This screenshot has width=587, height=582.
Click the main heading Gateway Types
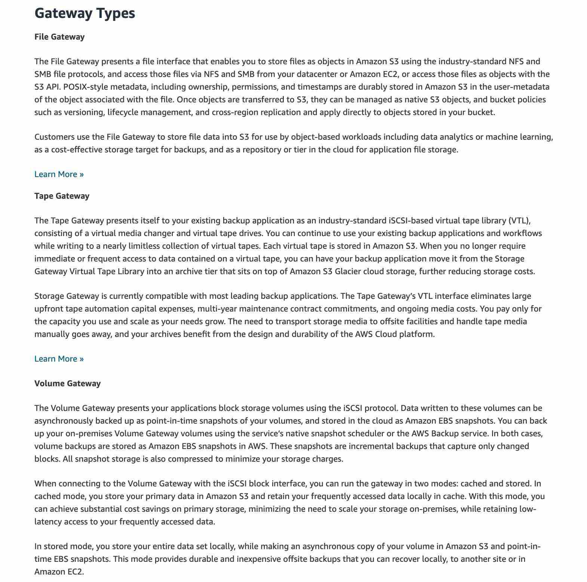coord(84,13)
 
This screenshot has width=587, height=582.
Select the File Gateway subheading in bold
coord(59,37)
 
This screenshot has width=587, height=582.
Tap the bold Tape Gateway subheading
coord(62,196)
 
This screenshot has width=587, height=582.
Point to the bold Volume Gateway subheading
coord(67,383)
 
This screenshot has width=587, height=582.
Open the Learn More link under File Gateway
coord(59,174)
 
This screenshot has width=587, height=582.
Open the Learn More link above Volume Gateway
coord(59,359)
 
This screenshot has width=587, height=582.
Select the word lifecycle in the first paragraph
coord(123,112)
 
